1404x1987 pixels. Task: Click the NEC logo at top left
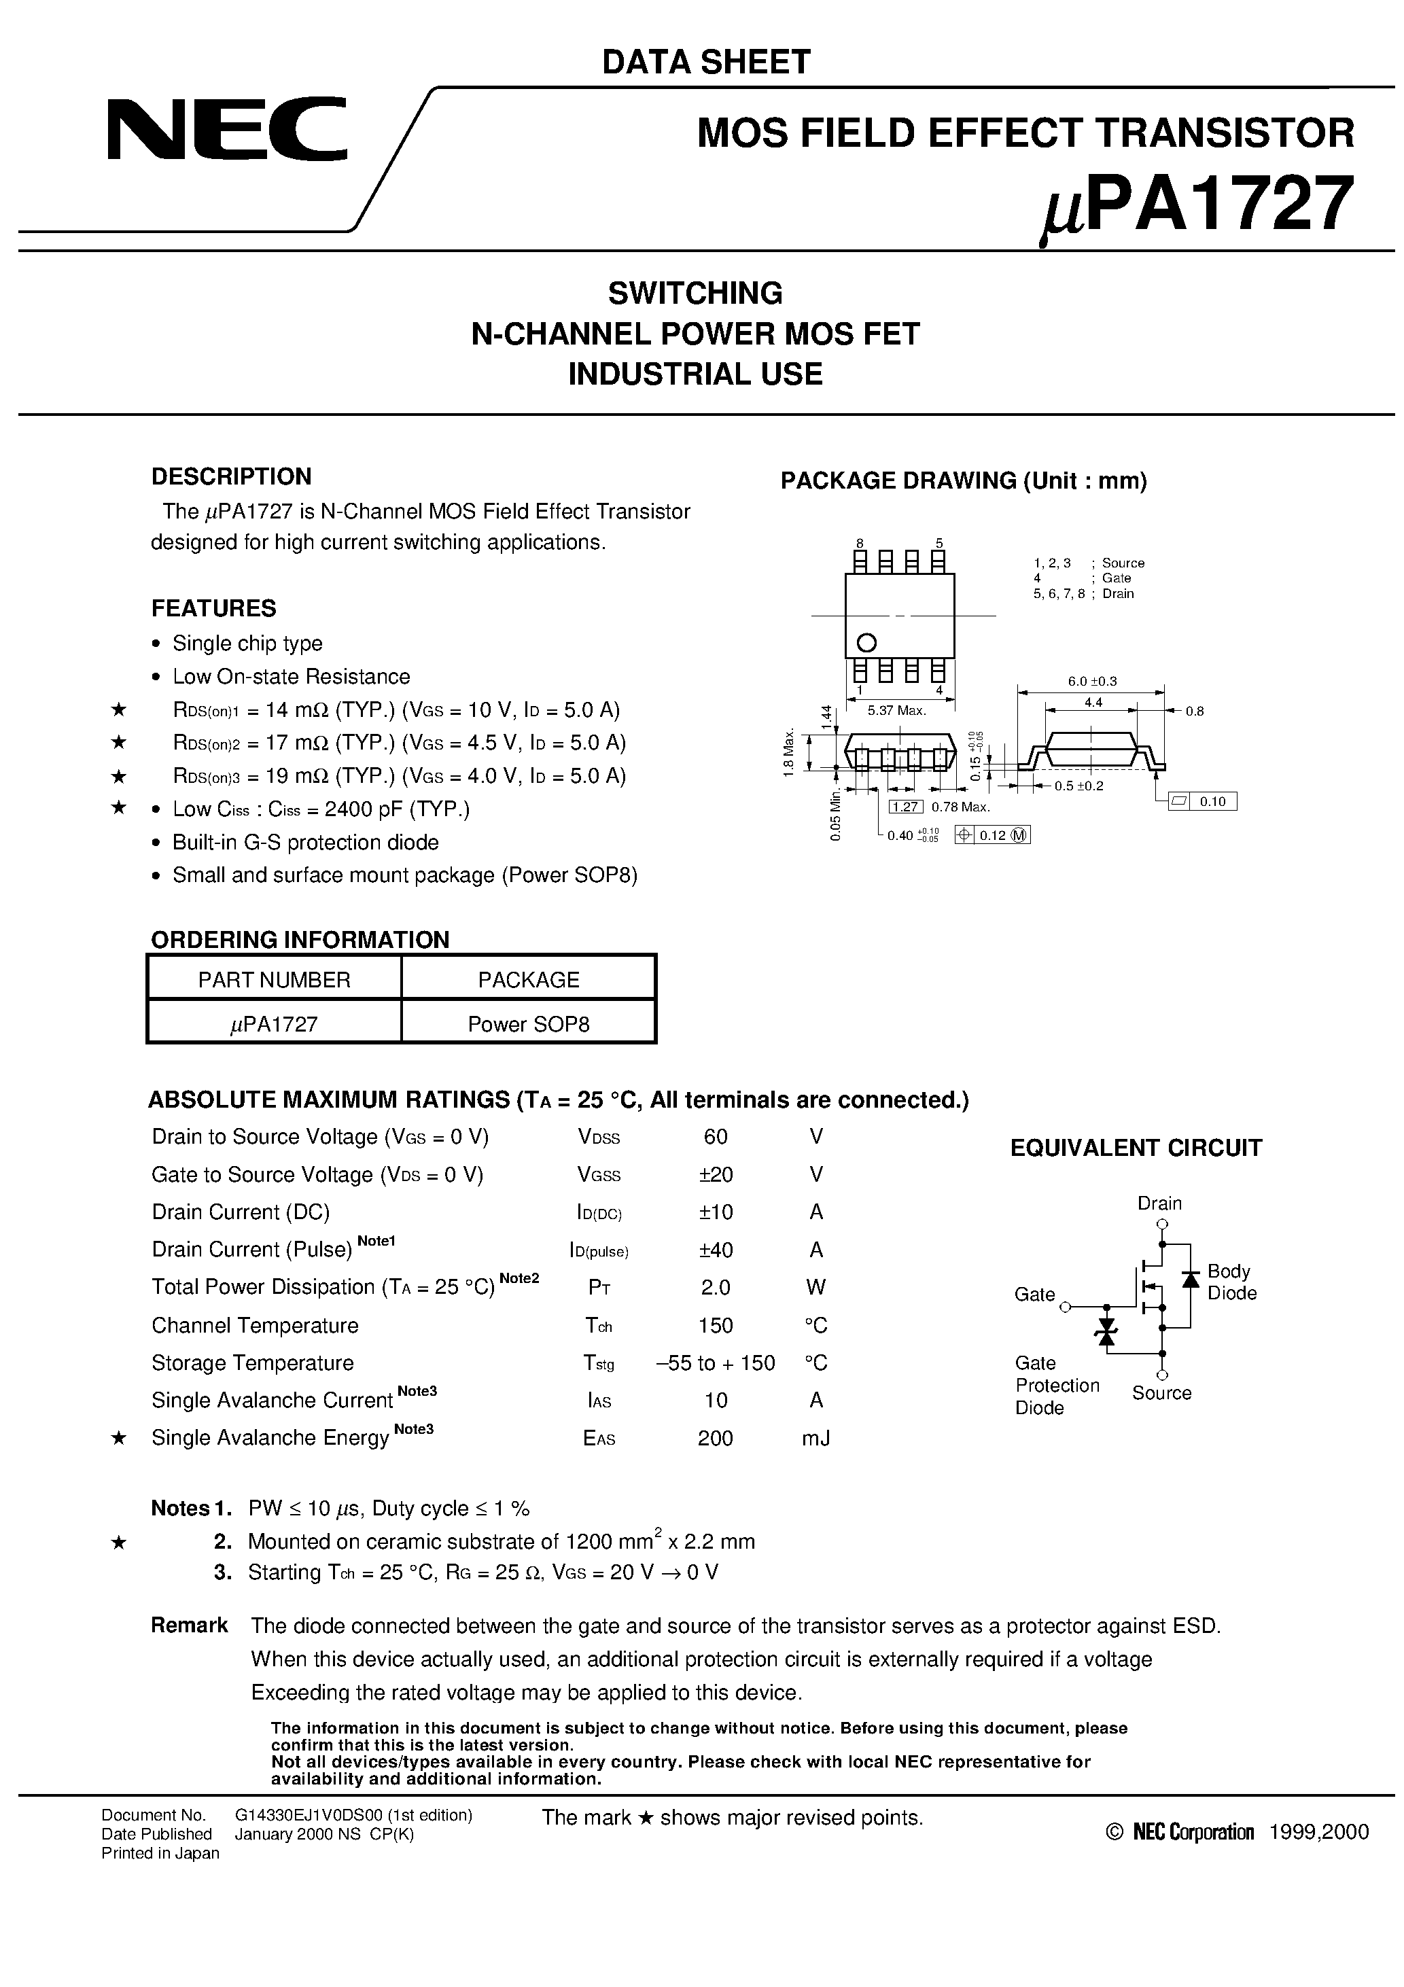(227, 130)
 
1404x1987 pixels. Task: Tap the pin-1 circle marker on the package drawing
(866, 642)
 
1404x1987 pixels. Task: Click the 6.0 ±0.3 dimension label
(1091, 681)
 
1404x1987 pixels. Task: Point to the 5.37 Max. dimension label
(897, 711)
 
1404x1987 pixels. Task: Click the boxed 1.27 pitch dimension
(905, 807)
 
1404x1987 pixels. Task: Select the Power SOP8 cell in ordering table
(528, 1024)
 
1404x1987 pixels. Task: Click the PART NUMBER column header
(274, 980)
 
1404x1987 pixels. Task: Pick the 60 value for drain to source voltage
(715, 1136)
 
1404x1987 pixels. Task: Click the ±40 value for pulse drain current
(715, 1250)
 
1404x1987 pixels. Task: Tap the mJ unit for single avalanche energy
(815, 1439)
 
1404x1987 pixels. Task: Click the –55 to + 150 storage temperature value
(715, 1363)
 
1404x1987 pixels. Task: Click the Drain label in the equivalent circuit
(1159, 1203)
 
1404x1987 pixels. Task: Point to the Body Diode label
(1231, 1282)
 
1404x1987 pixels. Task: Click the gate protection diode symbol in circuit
(1106, 1331)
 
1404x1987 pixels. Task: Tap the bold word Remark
(189, 1625)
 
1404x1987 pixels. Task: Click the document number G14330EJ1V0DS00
(353, 1816)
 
